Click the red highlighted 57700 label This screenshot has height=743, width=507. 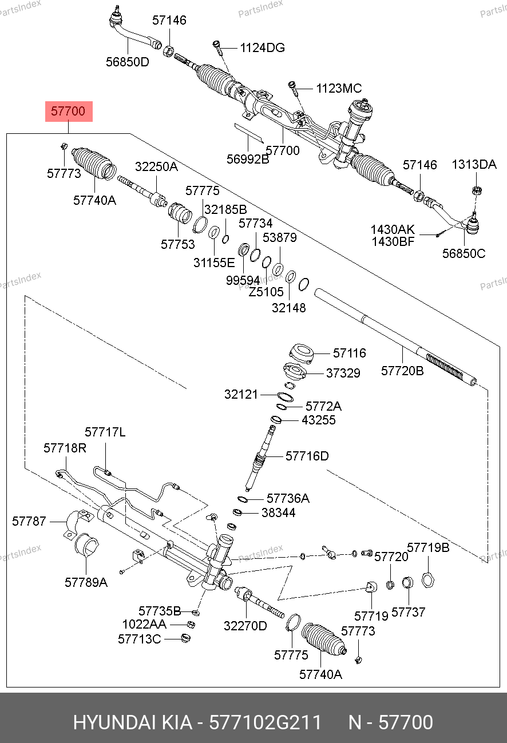(69, 112)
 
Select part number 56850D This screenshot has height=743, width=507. (127, 62)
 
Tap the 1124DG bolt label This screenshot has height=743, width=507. (262, 48)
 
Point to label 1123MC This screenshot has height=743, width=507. (339, 89)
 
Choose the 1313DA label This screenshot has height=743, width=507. (474, 165)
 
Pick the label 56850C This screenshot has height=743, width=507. (464, 253)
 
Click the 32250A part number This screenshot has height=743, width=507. (156, 167)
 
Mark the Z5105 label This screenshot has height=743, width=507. (266, 292)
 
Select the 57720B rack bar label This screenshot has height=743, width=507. (402, 371)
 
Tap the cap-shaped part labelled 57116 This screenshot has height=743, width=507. (301, 352)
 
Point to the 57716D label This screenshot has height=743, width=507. (307, 456)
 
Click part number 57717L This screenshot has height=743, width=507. (105, 432)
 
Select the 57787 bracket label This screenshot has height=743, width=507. (29, 521)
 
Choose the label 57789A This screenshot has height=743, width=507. (86, 582)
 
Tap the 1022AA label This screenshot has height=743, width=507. (144, 624)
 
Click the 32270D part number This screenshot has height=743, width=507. (245, 626)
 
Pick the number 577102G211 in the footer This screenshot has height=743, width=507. (266, 722)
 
